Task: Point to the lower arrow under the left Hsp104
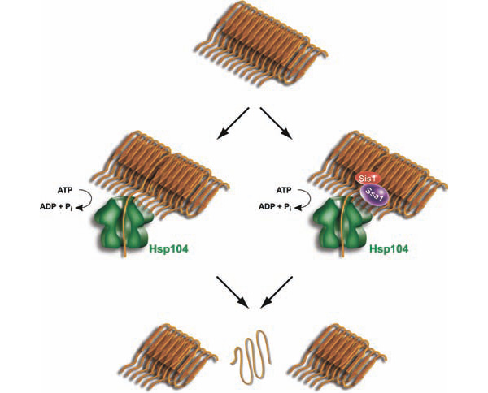click(x=233, y=292)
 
